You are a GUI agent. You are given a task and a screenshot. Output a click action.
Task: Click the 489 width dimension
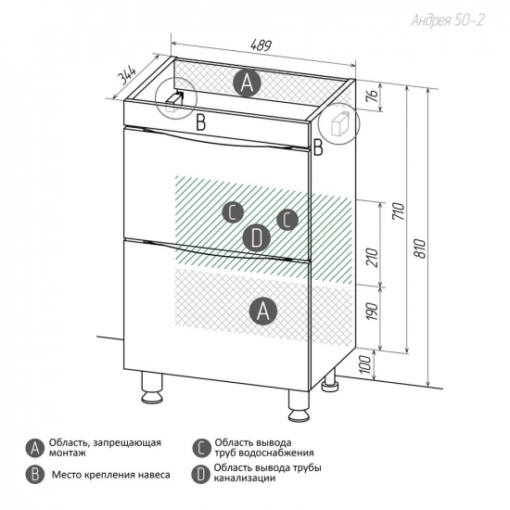[x=261, y=45]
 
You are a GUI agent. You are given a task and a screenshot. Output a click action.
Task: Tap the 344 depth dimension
[x=126, y=75]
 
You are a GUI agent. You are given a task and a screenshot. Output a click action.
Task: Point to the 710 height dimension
[x=399, y=211]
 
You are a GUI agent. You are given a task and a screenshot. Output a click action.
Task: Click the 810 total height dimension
[x=420, y=249]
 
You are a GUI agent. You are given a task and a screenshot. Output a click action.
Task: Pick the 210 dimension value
[x=373, y=257]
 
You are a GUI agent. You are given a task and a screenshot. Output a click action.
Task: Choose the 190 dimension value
[x=373, y=312]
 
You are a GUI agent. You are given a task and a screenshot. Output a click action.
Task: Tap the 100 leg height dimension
[x=365, y=364]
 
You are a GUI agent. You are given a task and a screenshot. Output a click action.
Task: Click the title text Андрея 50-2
[x=448, y=20]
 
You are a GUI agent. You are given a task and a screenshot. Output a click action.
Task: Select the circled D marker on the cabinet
[x=257, y=237]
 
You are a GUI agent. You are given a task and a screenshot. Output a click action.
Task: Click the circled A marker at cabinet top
[x=248, y=83]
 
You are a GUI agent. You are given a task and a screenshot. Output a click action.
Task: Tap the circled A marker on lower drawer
[x=263, y=312]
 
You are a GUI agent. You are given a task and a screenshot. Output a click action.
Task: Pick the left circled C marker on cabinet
[x=233, y=212]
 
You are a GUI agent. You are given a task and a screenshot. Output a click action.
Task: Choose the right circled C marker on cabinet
[x=287, y=220]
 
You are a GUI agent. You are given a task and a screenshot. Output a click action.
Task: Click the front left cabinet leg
[x=152, y=388]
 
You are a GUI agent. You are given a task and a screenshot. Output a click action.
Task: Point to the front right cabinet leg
[x=299, y=404]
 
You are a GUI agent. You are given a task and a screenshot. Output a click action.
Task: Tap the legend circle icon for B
[x=35, y=475]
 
